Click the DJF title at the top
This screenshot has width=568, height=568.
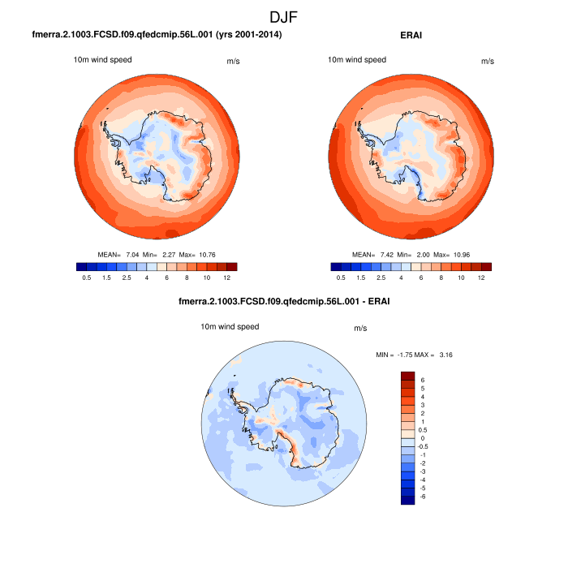pyautogui.click(x=284, y=16)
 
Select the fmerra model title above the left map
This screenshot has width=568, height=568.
pyautogui.click(x=157, y=35)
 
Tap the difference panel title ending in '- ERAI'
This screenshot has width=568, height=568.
pyautogui.click(x=284, y=303)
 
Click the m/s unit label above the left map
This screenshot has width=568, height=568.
pyautogui.click(x=231, y=61)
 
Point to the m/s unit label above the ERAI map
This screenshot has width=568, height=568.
pyautogui.click(x=487, y=61)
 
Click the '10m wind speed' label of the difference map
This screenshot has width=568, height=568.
pyautogui.click(x=230, y=327)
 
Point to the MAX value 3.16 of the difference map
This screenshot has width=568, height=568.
pyautogui.click(x=451, y=355)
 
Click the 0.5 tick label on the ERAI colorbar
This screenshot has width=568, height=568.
pyautogui.click(x=341, y=278)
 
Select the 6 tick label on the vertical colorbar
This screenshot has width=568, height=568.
pyautogui.click(x=422, y=380)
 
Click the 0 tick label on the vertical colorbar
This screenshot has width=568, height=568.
pyautogui.click(x=422, y=438)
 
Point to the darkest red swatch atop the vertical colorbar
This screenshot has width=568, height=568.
pyautogui.click(x=407, y=376)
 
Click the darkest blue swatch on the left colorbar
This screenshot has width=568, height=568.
pyautogui.click(x=80, y=266)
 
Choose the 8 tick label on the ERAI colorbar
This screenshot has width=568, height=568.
pyautogui.click(x=441, y=278)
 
